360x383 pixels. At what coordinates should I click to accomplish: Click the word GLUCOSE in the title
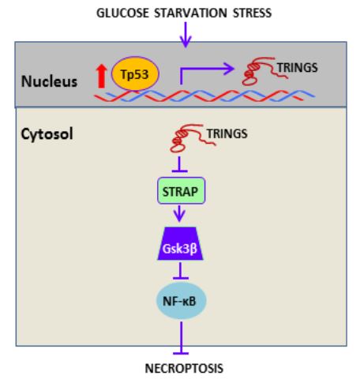(122, 13)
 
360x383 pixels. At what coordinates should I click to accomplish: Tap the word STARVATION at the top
(190, 13)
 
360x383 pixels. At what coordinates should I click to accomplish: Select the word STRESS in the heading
(252, 13)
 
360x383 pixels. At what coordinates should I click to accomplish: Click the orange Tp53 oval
(135, 73)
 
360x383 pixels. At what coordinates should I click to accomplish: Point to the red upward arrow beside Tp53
(101, 77)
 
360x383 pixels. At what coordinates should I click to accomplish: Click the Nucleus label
(49, 81)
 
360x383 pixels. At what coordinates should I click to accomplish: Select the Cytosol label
(47, 133)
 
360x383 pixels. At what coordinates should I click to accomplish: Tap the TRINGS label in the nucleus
(298, 68)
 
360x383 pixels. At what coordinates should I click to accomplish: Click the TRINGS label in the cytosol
(227, 133)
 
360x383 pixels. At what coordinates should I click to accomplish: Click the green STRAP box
(181, 190)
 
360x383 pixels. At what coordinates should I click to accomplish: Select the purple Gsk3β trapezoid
(180, 243)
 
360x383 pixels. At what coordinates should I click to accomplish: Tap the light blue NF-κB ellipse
(181, 301)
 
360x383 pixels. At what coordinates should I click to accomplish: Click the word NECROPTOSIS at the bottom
(184, 368)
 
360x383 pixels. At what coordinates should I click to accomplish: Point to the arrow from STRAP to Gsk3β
(179, 213)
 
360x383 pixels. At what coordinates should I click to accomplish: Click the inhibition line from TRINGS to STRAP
(179, 164)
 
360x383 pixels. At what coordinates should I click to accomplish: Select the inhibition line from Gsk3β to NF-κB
(181, 271)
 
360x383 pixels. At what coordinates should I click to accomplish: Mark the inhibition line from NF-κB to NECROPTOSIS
(181, 338)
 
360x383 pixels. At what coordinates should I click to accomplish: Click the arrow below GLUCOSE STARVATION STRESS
(186, 35)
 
